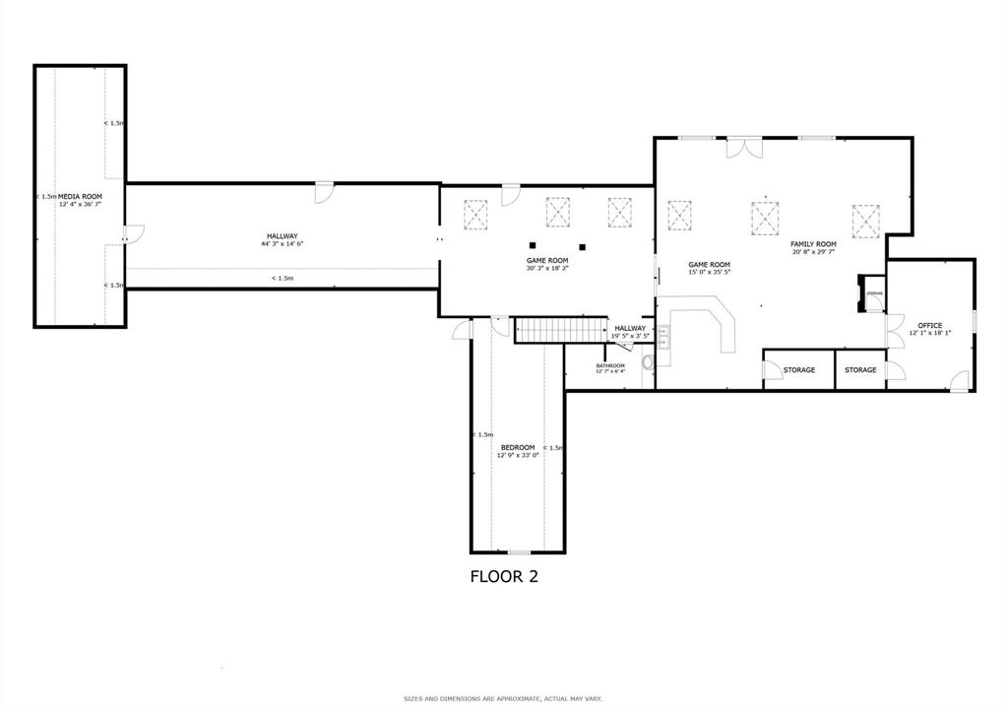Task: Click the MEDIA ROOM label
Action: pyautogui.click(x=80, y=197)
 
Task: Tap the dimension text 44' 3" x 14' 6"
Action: pyautogui.click(x=282, y=243)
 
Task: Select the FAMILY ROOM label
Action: pyautogui.click(x=813, y=244)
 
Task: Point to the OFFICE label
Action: pyautogui.click(x=929, y=325)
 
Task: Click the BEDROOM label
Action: pyautogui.click(x=517, y=448)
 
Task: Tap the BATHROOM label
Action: pyautogui.click(x=609, y=365)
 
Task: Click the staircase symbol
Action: pyautogui.click(x=559, y=331)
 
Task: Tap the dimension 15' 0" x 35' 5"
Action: pyautogui.click(x=709, y=272)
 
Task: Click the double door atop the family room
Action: pyautogui.click(x=745, y=148)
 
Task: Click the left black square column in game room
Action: pyautogui.click(x=532, y=245)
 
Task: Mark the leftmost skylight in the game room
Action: pyautogui.click(x=476, y=213)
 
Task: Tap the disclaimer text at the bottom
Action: pyautogui.click(x=503, y=698)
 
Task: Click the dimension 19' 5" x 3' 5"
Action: pyautogui.click(x=630, y=336)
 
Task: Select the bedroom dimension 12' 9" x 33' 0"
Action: pyautogui.click(x=517, y=456)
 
